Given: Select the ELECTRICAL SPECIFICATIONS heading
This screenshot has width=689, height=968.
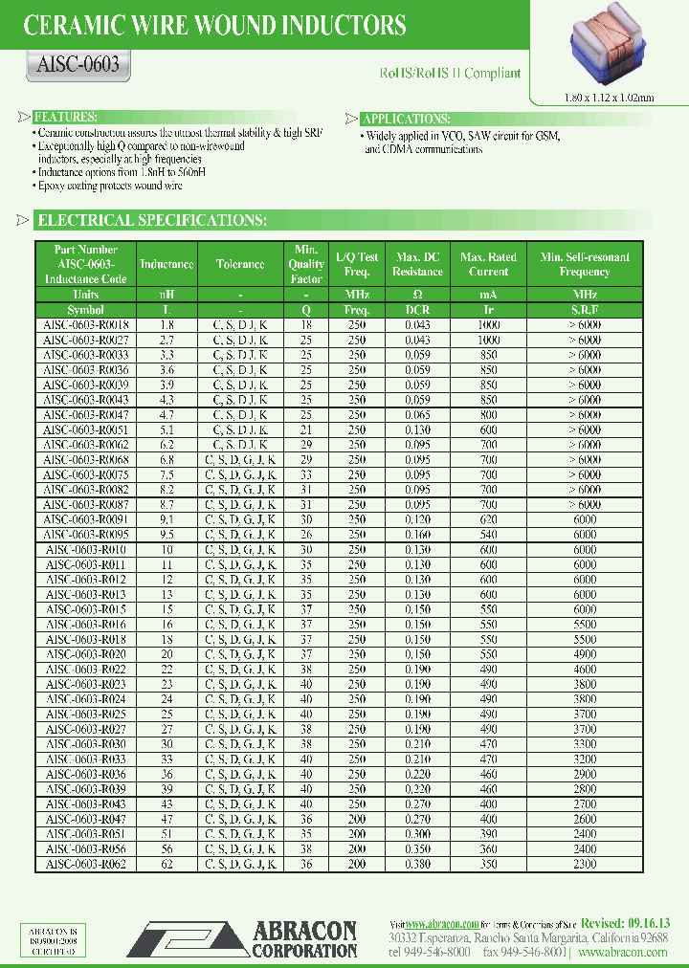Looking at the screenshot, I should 151,221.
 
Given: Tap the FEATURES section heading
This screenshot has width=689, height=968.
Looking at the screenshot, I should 64,117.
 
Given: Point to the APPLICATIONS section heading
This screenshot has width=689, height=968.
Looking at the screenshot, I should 406,119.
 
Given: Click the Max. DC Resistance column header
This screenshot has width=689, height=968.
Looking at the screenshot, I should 417,264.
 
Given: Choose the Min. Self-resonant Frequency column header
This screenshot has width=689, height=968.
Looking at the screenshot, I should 585,264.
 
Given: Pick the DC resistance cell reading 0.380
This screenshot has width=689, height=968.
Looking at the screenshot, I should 417,864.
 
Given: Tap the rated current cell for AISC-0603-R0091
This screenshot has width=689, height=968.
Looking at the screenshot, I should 489,519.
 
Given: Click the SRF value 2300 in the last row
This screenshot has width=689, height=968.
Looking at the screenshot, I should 585,864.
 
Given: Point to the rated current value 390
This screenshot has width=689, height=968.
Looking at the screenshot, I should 489,834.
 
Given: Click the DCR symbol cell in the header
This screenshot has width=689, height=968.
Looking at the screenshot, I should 417,310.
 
